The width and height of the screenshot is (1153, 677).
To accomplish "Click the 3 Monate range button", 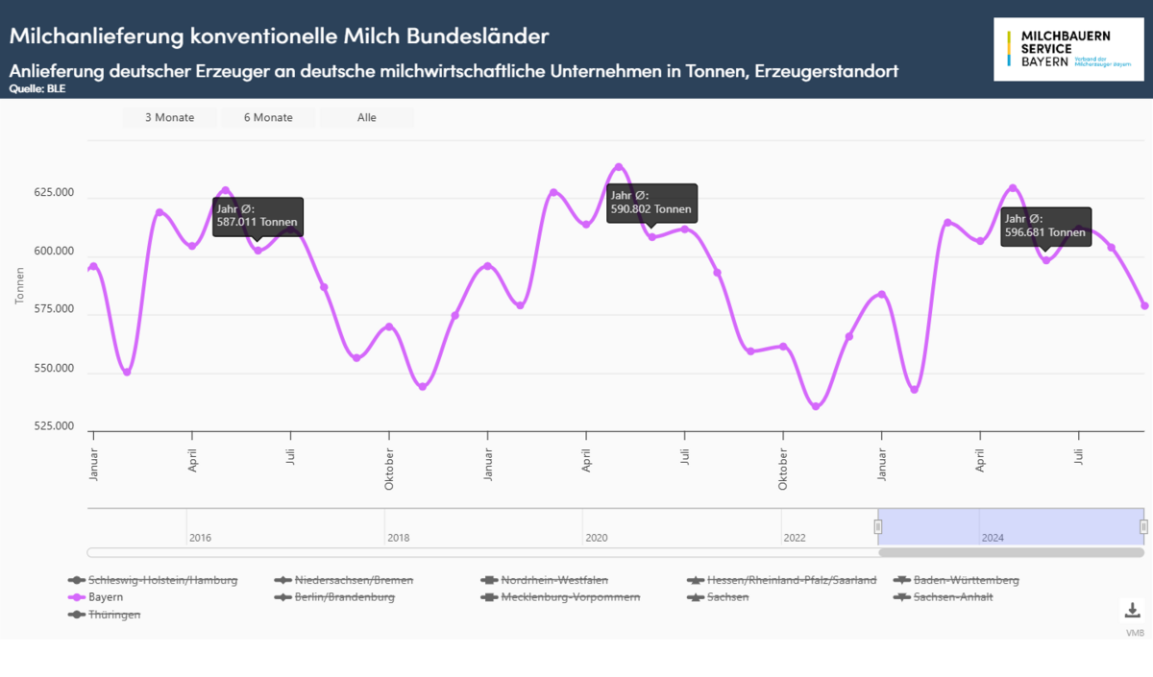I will point(169,117).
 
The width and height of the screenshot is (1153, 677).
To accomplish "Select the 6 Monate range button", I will point(268,117).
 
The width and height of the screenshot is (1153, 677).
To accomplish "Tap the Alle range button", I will point(366,117).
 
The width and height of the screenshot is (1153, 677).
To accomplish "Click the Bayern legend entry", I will point(106,597).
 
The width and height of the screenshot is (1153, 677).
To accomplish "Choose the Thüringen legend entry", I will point(114,615).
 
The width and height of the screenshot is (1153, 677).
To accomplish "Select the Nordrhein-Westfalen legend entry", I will point(554,580).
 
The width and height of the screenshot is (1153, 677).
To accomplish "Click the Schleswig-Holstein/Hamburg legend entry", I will point(162,580).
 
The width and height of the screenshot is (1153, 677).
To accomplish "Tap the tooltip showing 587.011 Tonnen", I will point(258,216).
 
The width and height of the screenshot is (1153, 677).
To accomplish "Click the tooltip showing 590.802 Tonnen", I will point(651,203).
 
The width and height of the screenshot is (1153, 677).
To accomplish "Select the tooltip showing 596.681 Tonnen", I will point(1045,226).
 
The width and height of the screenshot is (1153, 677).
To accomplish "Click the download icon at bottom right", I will point(1132,611).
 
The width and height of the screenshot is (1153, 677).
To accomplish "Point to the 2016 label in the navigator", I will point(200,538).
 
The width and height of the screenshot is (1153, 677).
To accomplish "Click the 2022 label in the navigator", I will point(795,538).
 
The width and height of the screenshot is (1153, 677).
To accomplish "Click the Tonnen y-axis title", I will point(20,286).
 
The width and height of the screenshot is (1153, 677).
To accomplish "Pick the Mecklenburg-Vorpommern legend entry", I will point(570,597).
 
